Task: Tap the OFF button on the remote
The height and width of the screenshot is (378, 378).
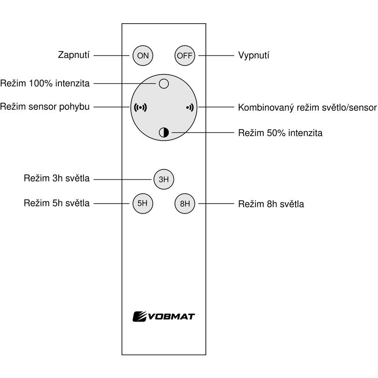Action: pos(184,56)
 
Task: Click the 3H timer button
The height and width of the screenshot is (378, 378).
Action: pos(164,179)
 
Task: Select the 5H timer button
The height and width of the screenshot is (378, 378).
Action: pos(143,204)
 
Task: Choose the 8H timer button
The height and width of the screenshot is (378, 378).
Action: pos(184,204)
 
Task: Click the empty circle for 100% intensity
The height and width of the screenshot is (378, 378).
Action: pos(164,84)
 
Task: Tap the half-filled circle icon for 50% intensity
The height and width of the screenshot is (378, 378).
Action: pos(164,133)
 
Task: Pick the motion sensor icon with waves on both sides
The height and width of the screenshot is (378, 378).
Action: pos(140,107)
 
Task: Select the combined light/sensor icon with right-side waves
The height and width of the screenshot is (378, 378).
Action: pos(190,107)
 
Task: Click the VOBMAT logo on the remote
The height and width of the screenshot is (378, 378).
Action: pos(163,317)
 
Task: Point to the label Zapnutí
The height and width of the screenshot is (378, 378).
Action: pos(73,55)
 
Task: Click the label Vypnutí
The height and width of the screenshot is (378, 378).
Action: pos(254,56)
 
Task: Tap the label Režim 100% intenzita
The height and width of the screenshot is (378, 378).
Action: pos(45,83)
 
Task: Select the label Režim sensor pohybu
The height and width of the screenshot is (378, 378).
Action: pos(45,107)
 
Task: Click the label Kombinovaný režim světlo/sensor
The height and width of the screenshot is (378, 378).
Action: pos(307,107)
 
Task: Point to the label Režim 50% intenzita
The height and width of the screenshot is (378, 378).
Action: pos(281,133)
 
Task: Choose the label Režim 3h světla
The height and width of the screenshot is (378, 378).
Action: pos(56,179)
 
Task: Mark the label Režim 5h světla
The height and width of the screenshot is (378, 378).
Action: pos(56,203)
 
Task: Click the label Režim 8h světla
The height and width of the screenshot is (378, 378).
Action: pos(271,204)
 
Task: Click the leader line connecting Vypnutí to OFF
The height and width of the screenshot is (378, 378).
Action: pos(216,56)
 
